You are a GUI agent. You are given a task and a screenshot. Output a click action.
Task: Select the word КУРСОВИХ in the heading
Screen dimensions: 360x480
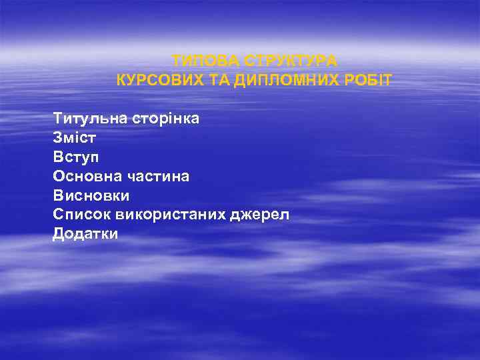pyautogui.click(x=155, y=81)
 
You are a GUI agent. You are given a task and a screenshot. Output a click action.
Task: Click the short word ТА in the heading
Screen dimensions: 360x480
pyautogui.click(x=208, y=81)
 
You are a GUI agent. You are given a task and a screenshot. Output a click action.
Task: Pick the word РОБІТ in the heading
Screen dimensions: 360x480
pyautogui.click(x=366, y=81)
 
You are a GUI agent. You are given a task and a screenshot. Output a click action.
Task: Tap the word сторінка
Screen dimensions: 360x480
pyautogui.click(x=161, y=119)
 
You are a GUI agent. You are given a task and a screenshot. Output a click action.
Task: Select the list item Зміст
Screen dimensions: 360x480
pyautogui.click(x=73, y=138)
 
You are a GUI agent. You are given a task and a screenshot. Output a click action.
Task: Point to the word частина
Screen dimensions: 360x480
pyautogui.click(x=158, y=177)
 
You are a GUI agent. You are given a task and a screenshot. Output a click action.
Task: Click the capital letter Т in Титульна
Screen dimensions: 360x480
pyautogui.click(x=58, y=119)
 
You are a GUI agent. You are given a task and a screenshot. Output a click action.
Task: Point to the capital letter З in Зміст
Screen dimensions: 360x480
pyautogui.click(x=57, y=138)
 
